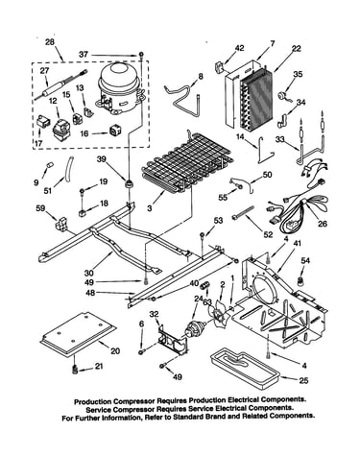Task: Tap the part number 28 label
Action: (50, 42)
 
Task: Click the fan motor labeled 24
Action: (194, 329)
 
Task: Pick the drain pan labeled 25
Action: (244, 368)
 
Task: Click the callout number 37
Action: (84, 55)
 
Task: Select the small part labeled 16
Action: (114, 131)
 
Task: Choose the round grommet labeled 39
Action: (130, 184)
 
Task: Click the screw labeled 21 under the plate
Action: (75, 370)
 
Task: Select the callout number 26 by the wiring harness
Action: (323, 224)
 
